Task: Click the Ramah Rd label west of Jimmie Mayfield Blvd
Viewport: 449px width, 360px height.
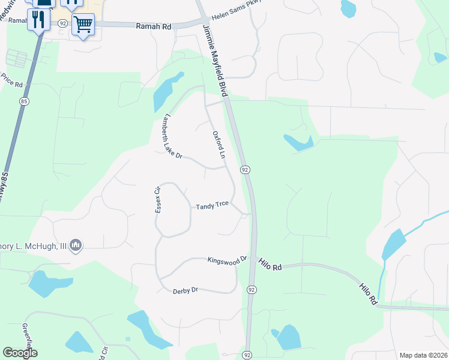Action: tap(154, 26)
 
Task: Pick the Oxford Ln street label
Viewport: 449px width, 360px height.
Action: tap(218, 144)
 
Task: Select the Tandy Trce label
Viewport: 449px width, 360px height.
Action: tap(212, 205)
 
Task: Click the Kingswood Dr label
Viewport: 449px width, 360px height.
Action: tap(228, 260)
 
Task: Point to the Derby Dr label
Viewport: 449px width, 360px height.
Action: tap(185, 290)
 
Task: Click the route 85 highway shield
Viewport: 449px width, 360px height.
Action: tap(23, 101)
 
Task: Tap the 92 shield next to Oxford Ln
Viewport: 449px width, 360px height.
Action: tap(245, 170)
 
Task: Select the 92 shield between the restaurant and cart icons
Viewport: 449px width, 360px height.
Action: tap(63, 23)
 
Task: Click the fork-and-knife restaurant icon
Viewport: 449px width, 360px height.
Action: tap(39, 20)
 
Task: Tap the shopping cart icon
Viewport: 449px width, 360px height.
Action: tap(83, 25)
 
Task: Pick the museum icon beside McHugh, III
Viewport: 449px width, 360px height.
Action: tap(76, 245)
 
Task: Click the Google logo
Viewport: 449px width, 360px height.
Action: tap(20, 353)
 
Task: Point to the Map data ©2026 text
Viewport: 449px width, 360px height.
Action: tap(423, 355)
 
